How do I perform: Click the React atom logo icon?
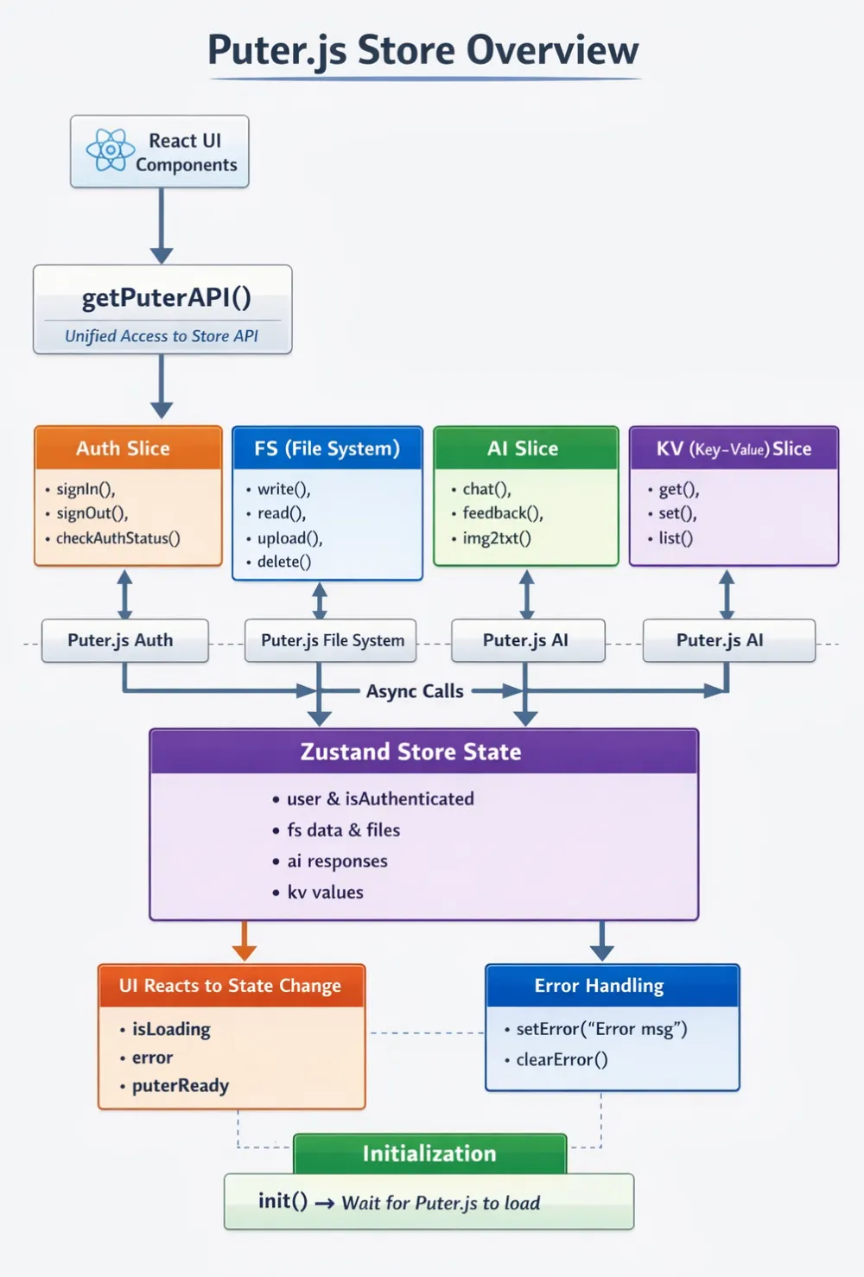(110, 150)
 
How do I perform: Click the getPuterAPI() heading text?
(167, 298)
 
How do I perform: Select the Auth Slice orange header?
(128, 448)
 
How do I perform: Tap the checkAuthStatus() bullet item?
(118, 538)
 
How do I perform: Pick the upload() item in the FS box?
(290, 538)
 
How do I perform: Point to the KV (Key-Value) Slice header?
(734, 448)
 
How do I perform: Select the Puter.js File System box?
(331, 640)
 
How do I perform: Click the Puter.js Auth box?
(124, 640)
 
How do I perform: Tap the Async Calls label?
(415, 691)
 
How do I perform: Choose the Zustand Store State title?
(411, 752)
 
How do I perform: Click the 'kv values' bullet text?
(325, 892)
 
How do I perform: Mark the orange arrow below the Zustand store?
(245, 940)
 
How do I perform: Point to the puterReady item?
(180, 1086)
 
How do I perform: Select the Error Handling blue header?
(612, 986)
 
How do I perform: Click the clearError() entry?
(562, 1060)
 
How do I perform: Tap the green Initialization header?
(429, 1153)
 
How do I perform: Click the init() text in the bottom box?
(283, 1201)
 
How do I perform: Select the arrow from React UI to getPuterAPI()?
(162, 226)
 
